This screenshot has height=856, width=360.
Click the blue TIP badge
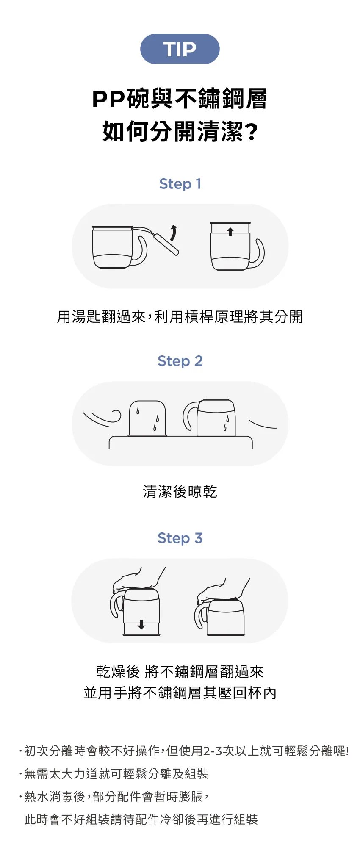tap(180, 49)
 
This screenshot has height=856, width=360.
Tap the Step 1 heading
tap(180, 184)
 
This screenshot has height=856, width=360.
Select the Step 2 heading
tap(180, 361)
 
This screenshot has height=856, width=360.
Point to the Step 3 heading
tap(180, 538)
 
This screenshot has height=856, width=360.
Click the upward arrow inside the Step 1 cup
tap(230, 232)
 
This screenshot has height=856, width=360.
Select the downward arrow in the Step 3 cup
tap(141, 624)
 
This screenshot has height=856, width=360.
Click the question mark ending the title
tap(252, 132)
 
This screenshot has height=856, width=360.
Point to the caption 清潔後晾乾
tap(180, 492)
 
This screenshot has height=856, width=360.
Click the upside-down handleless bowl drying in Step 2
tap(147, 418)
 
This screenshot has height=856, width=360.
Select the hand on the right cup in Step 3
tap(222, 590)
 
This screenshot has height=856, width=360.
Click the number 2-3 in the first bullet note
tap(213, 751)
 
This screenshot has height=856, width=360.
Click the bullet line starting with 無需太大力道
tap(114, 774)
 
